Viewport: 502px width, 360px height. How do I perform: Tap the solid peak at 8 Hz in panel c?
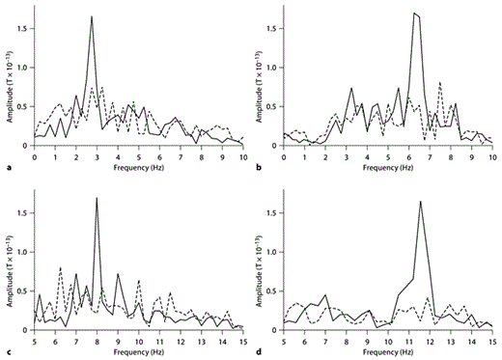pos(97,198)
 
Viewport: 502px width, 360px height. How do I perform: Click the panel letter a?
pos(9,168)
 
